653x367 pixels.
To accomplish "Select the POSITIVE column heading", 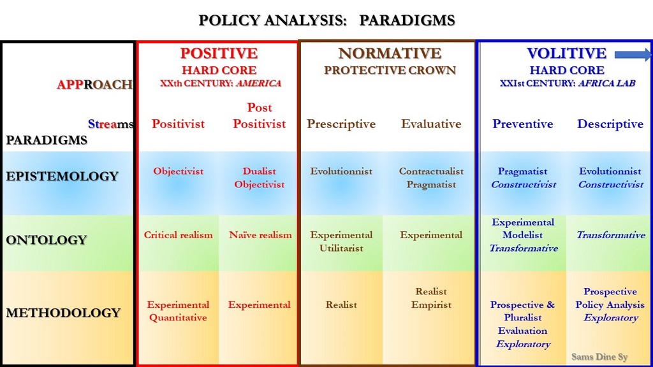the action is pyautogui.click(x=219, y=54).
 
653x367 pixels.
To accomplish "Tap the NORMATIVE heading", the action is pyautogui.click(x=390, y=54).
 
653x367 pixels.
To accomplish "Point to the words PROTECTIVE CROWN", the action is pyautogui.click(x=390, y=70).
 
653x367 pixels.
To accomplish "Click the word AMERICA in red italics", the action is pyautogui.click(x=259, y=83).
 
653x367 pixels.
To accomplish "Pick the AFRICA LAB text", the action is pyautogui.click(x=607, y=83).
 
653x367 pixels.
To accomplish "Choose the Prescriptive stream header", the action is pyautogui.click(x=341, y=124).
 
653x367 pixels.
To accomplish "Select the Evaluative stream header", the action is pyautogui.click(x=431, y=124).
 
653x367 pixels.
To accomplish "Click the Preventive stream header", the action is pyautogui.click(x=523, y=124).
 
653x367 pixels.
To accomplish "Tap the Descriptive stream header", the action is pyautogui.click(x=610, y=124).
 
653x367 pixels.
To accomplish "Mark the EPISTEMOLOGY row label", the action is pyautogui.click(x=62, y=176).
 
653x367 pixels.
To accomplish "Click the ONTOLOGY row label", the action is pyautogui.click(x=46, y=240).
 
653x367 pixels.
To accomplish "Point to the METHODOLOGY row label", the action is pyautogui.click(x=63, y=312).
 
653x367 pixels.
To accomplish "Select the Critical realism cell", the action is pyautogui.click(x=179, y=234).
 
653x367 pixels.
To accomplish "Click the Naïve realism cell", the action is pyautogui.click(x=260, y=234).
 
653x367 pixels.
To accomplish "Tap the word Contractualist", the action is pyautogui.click(x=431, y=171).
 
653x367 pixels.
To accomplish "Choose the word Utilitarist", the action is pyautogui.click(x=341, y=248).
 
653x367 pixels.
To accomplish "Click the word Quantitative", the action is pyautogui.click(x=178, y=317).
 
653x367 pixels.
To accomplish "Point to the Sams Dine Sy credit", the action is pyautogui.click(x=599, y=357).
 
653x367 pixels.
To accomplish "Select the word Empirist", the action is pyautogui.click(x=431, y=305).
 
